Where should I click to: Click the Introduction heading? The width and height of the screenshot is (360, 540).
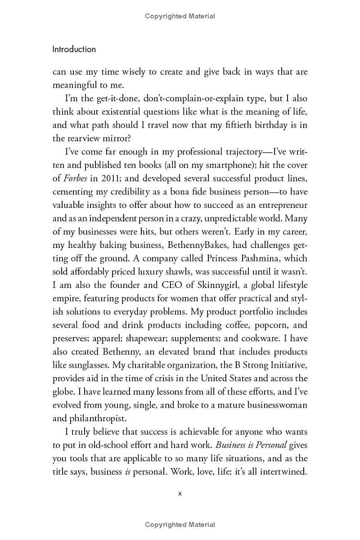coord(74,49)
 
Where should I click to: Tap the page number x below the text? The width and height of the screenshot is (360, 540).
coord(180,493)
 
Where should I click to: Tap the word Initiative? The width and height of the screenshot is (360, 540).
coord(284,365)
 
